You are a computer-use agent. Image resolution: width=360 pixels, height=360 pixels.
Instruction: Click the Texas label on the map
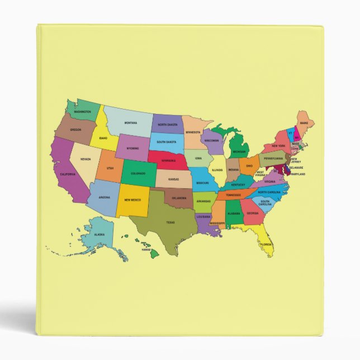tap(170, 222)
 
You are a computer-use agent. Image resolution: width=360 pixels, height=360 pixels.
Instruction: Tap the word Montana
tap(131, 123)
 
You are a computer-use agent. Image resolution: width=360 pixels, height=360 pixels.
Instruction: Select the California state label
tap(68, 174)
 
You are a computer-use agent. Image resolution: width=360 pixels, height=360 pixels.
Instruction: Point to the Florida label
tap(266, 244)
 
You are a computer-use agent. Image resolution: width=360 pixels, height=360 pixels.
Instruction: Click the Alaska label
tap(99, 235)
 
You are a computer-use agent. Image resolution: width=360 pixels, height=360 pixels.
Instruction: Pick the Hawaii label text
tap(146, 249)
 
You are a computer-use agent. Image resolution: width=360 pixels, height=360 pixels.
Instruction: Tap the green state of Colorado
tap(138, 173)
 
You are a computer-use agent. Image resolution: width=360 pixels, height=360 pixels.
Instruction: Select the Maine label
tap(304, 122)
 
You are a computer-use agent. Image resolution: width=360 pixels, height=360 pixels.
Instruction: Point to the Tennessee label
tap(234, 195)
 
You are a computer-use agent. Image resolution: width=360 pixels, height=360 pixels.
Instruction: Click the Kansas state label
tap(174, 179)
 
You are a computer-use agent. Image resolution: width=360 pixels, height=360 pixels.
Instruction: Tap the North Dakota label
tap(167, 125)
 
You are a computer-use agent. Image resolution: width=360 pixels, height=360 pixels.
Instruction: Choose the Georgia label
tap(253, 213)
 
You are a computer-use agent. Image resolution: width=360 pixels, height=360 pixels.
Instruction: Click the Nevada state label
tap(86, 159)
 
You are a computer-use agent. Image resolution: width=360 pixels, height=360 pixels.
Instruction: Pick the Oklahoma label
tap(179, 198)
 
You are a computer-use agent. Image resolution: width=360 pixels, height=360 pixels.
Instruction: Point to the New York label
tap(278, 146)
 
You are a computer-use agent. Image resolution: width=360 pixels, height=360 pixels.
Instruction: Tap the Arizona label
tap(105, 197)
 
